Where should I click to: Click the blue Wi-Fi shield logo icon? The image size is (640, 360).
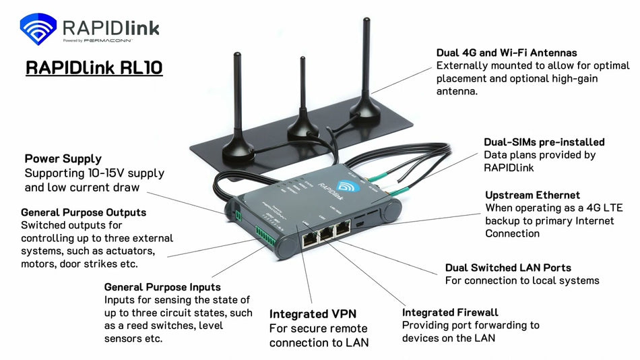click(38, 30)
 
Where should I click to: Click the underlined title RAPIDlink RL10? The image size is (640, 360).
click(94, 68)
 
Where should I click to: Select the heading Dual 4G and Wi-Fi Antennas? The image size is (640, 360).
click(507, 52)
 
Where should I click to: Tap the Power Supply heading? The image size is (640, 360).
click(63, 159)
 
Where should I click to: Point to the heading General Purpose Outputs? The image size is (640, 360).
click(84, 212)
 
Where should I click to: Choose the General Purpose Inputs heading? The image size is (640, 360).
click(162, 287)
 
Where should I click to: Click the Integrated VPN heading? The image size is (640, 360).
click(313, 313)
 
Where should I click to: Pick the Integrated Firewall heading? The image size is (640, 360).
click(450, 312)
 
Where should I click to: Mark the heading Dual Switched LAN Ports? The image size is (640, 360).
click(508, 268)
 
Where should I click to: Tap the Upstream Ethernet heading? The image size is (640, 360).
click(533, 195)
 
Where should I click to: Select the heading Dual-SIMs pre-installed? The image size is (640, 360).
click(544, 142)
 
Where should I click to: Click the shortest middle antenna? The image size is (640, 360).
click(302, 101)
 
